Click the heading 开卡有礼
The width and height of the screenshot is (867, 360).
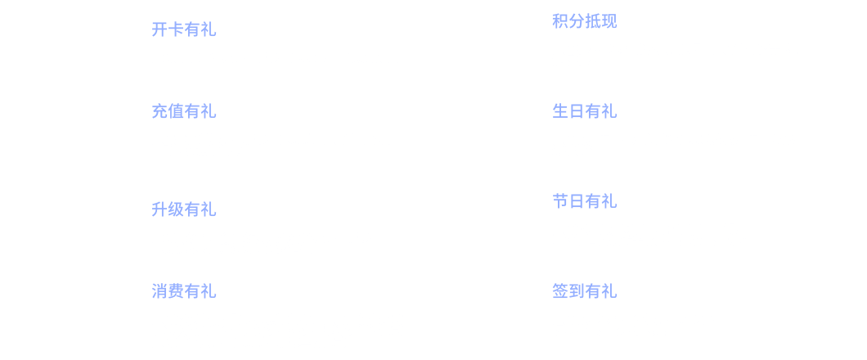click(x=183, y=30)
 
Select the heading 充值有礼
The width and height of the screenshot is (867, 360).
click(x=183, y=112)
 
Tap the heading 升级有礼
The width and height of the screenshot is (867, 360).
click(x=183, y=210)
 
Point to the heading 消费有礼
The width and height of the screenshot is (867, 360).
click(x=183, y=292)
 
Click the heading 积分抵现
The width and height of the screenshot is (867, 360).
click(x=584, y=22)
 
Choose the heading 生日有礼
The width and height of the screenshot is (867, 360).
click(x=584, y=112)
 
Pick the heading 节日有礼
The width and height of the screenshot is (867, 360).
click(x=584, y=202)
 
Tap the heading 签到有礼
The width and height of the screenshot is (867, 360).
click(x=584, y=292)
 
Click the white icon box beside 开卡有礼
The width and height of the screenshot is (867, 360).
click(x=94, y=45)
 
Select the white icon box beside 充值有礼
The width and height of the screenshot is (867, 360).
click(x=94, y=135)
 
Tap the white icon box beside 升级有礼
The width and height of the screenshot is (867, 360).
click(x=94, y=225)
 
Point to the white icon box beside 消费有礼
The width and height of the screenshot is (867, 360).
click(x=94, y=315)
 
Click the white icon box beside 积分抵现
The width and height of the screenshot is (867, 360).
click(x=495, y=45)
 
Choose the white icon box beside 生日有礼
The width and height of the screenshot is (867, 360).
click(x=495, y=135)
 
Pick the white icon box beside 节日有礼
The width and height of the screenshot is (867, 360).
click(x=495, y=225)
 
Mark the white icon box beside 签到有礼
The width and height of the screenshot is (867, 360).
click(x=495, y=315)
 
